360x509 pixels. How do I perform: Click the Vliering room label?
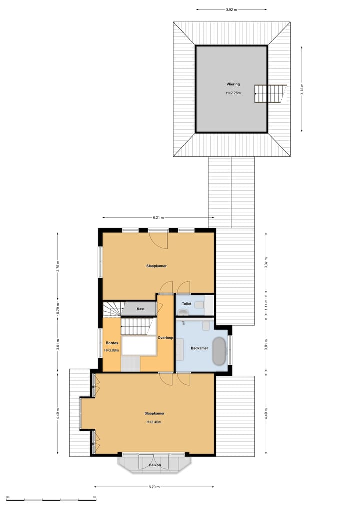[x=233, y=84]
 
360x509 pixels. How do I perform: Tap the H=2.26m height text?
[x=233, y=93]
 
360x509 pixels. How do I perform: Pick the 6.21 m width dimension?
[x=158, y=218]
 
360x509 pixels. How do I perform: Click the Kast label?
[x=141, y=309]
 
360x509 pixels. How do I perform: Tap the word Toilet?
[x=187, y=303]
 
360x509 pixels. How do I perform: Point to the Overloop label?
[x=165, y=338]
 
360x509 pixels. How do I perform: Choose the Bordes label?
[x=111, y=343]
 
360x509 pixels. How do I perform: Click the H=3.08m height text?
[x=111, y=350]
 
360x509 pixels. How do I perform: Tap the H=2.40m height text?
[x=154, y=422]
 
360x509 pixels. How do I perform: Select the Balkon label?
[x=155, y=465]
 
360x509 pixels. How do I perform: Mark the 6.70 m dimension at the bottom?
[x=154, y=487]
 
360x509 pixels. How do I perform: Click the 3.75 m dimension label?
[x=58, y=266]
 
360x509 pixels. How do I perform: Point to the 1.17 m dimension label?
[x=266, y=302]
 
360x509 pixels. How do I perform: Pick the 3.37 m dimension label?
[x=266, y=265]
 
